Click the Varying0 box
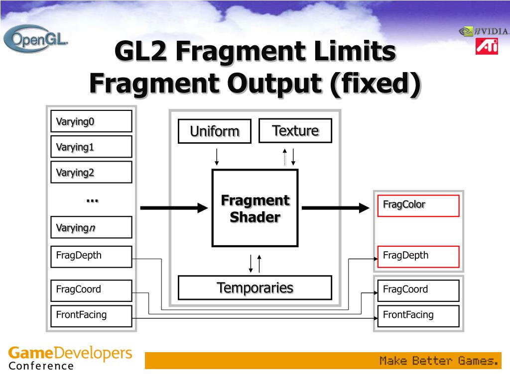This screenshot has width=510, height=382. [91, 121]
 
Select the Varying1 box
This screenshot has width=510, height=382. [91, 147]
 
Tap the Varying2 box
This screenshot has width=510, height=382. [91, 172]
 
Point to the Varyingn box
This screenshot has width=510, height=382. [91, 227]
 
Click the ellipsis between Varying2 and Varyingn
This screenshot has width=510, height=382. [92, 200]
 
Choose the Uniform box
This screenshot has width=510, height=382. [215, 131]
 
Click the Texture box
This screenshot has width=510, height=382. [295, 131]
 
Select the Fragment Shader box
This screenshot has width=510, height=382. [255, 208]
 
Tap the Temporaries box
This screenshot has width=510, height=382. [255, 287]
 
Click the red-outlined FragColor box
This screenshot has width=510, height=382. [418, 205]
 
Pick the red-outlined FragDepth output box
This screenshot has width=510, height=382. [418, 256]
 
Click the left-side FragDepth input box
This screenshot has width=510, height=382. [91, 256]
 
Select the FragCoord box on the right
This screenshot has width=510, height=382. [418, 290]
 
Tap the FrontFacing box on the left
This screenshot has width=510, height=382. [91, 315]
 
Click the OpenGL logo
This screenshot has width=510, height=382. [35, 39]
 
